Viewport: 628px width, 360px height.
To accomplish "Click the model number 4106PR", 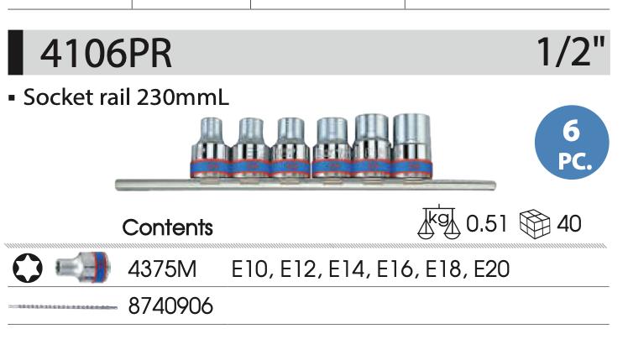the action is tap(106, 53).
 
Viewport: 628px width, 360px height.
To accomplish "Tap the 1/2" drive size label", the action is tap(571, 52).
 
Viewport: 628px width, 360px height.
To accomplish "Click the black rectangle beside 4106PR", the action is tap(16, 53).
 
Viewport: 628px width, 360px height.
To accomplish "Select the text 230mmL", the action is tap(183, 97).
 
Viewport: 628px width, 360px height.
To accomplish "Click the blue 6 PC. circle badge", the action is tap(572, 142).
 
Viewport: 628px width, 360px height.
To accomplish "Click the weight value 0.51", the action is tap(487, 223).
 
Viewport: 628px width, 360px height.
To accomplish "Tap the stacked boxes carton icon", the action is tap(535, 223).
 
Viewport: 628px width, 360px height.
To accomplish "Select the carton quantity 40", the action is tap(569, 223).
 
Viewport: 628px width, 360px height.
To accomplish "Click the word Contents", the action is tap(167, 227).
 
